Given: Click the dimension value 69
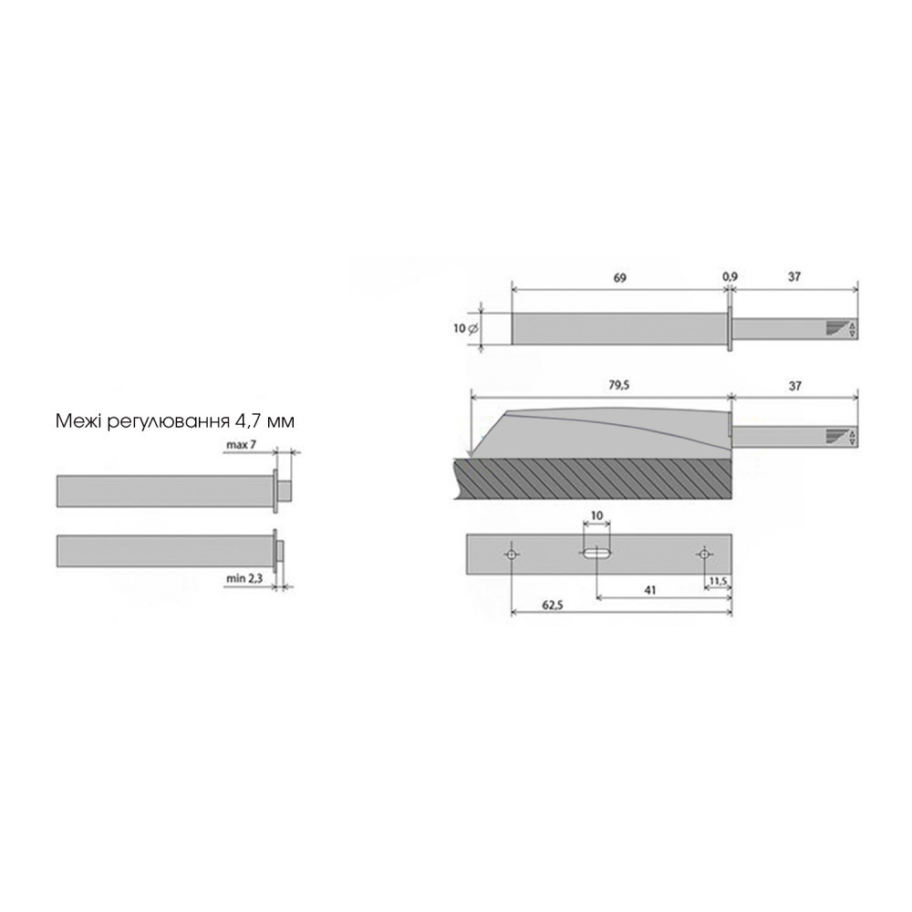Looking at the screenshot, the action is tap(620, 278).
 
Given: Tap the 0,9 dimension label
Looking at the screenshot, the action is tap(730, 277).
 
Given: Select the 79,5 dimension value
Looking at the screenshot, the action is tap(618, 385).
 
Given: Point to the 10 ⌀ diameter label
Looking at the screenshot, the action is tap(465, 328).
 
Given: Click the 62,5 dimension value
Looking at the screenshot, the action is tap(553, 606).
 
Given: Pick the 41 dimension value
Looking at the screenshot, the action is tap(650, 590).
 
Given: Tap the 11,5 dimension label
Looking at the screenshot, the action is tap(717, 580).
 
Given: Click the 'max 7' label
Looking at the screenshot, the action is tap(241, 445).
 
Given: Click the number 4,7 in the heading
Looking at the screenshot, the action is tap(253, 421).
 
